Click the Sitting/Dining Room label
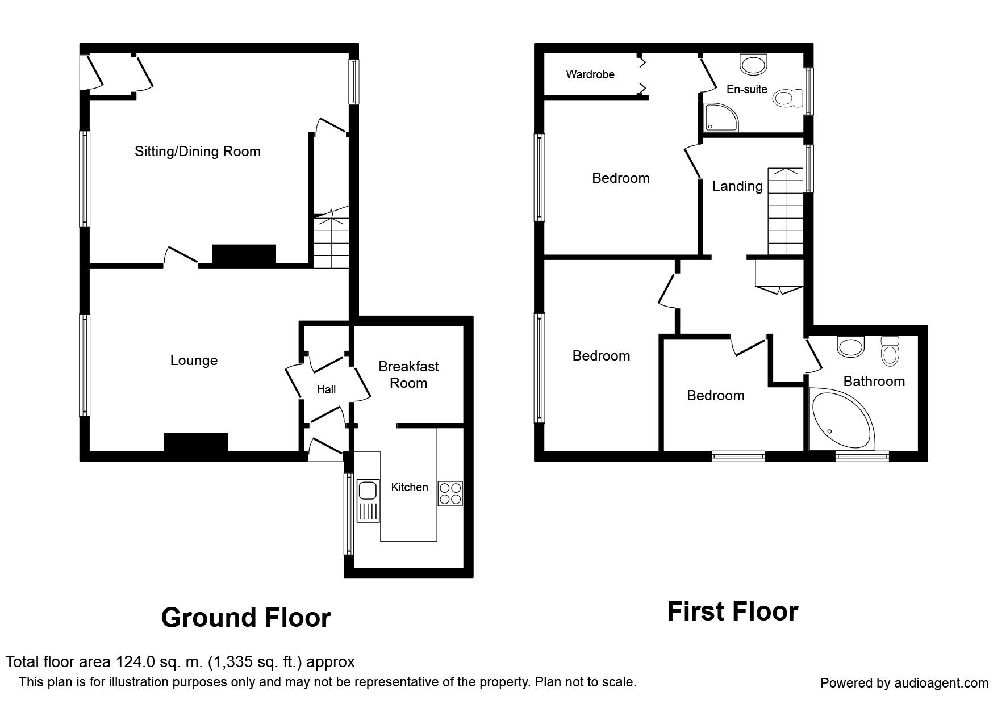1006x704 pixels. (197, 152)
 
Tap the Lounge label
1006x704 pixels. (194, 361)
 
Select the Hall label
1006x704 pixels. (326, 389)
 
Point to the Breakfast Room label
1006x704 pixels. (408, 375)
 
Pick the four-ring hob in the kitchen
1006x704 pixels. (450, 493)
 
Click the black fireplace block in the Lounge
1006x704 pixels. (196, 442)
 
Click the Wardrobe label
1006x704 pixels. (590, 74)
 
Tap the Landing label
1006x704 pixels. (737, 186)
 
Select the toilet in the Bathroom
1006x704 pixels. (890, 351)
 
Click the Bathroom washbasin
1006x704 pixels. (850, 346)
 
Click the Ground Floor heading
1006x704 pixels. (245, 618)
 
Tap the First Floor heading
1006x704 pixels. (732, 612)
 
